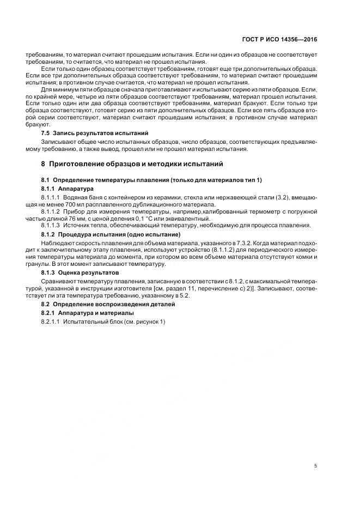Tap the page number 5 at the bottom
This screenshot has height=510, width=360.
coord(316,465)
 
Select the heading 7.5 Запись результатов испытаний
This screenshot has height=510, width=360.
coord(88,132)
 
